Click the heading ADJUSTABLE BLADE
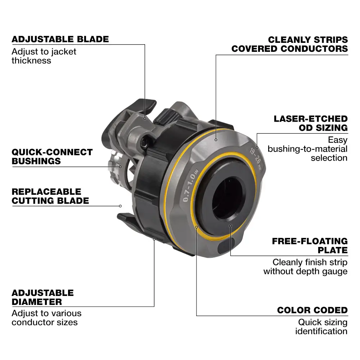coord(60,39)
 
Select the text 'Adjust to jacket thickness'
coord(44,56)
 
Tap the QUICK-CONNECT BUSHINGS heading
coord(52,156)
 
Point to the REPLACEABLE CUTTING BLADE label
coord(50,196)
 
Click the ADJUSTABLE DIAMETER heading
coord(42,297)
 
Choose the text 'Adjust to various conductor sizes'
coord(46,318)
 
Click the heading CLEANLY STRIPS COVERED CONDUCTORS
coord(290,44)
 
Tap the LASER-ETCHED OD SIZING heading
coord(311,123)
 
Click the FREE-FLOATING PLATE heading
coord(310,245)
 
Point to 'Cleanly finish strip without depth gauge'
coord(306,267)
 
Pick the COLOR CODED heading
coord(312,310)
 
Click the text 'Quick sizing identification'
coord(321,327)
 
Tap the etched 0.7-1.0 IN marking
coord(190,187)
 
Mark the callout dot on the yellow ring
coord(197,227)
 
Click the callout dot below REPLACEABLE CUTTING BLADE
coord(120,206)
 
